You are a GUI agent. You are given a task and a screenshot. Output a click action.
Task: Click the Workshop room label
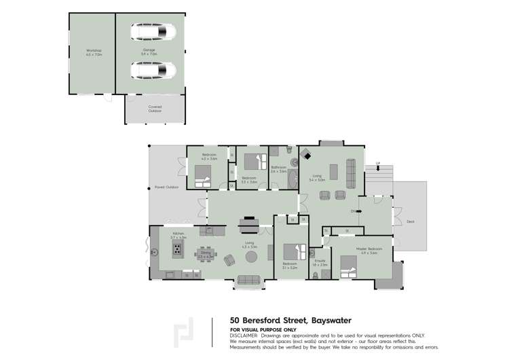tap(94, 52)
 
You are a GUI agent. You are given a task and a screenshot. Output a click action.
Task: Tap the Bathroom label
tap(278, 169)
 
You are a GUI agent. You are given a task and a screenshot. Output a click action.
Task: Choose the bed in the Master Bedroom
tap(348, 267)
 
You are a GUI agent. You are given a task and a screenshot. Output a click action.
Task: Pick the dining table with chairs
tap(206, 253)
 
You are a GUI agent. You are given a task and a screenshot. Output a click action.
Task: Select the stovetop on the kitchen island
tap(178, 249)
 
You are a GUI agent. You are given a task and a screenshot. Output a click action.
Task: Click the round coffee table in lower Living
tap(252, 257)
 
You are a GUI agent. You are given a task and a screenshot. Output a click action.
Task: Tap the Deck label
tap(411, 221)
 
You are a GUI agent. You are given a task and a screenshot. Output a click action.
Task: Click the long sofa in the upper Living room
tap(351, 173)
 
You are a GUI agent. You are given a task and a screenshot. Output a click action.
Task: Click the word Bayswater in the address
tap(328, 319)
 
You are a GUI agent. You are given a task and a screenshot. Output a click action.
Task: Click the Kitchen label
tap(178, 234)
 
